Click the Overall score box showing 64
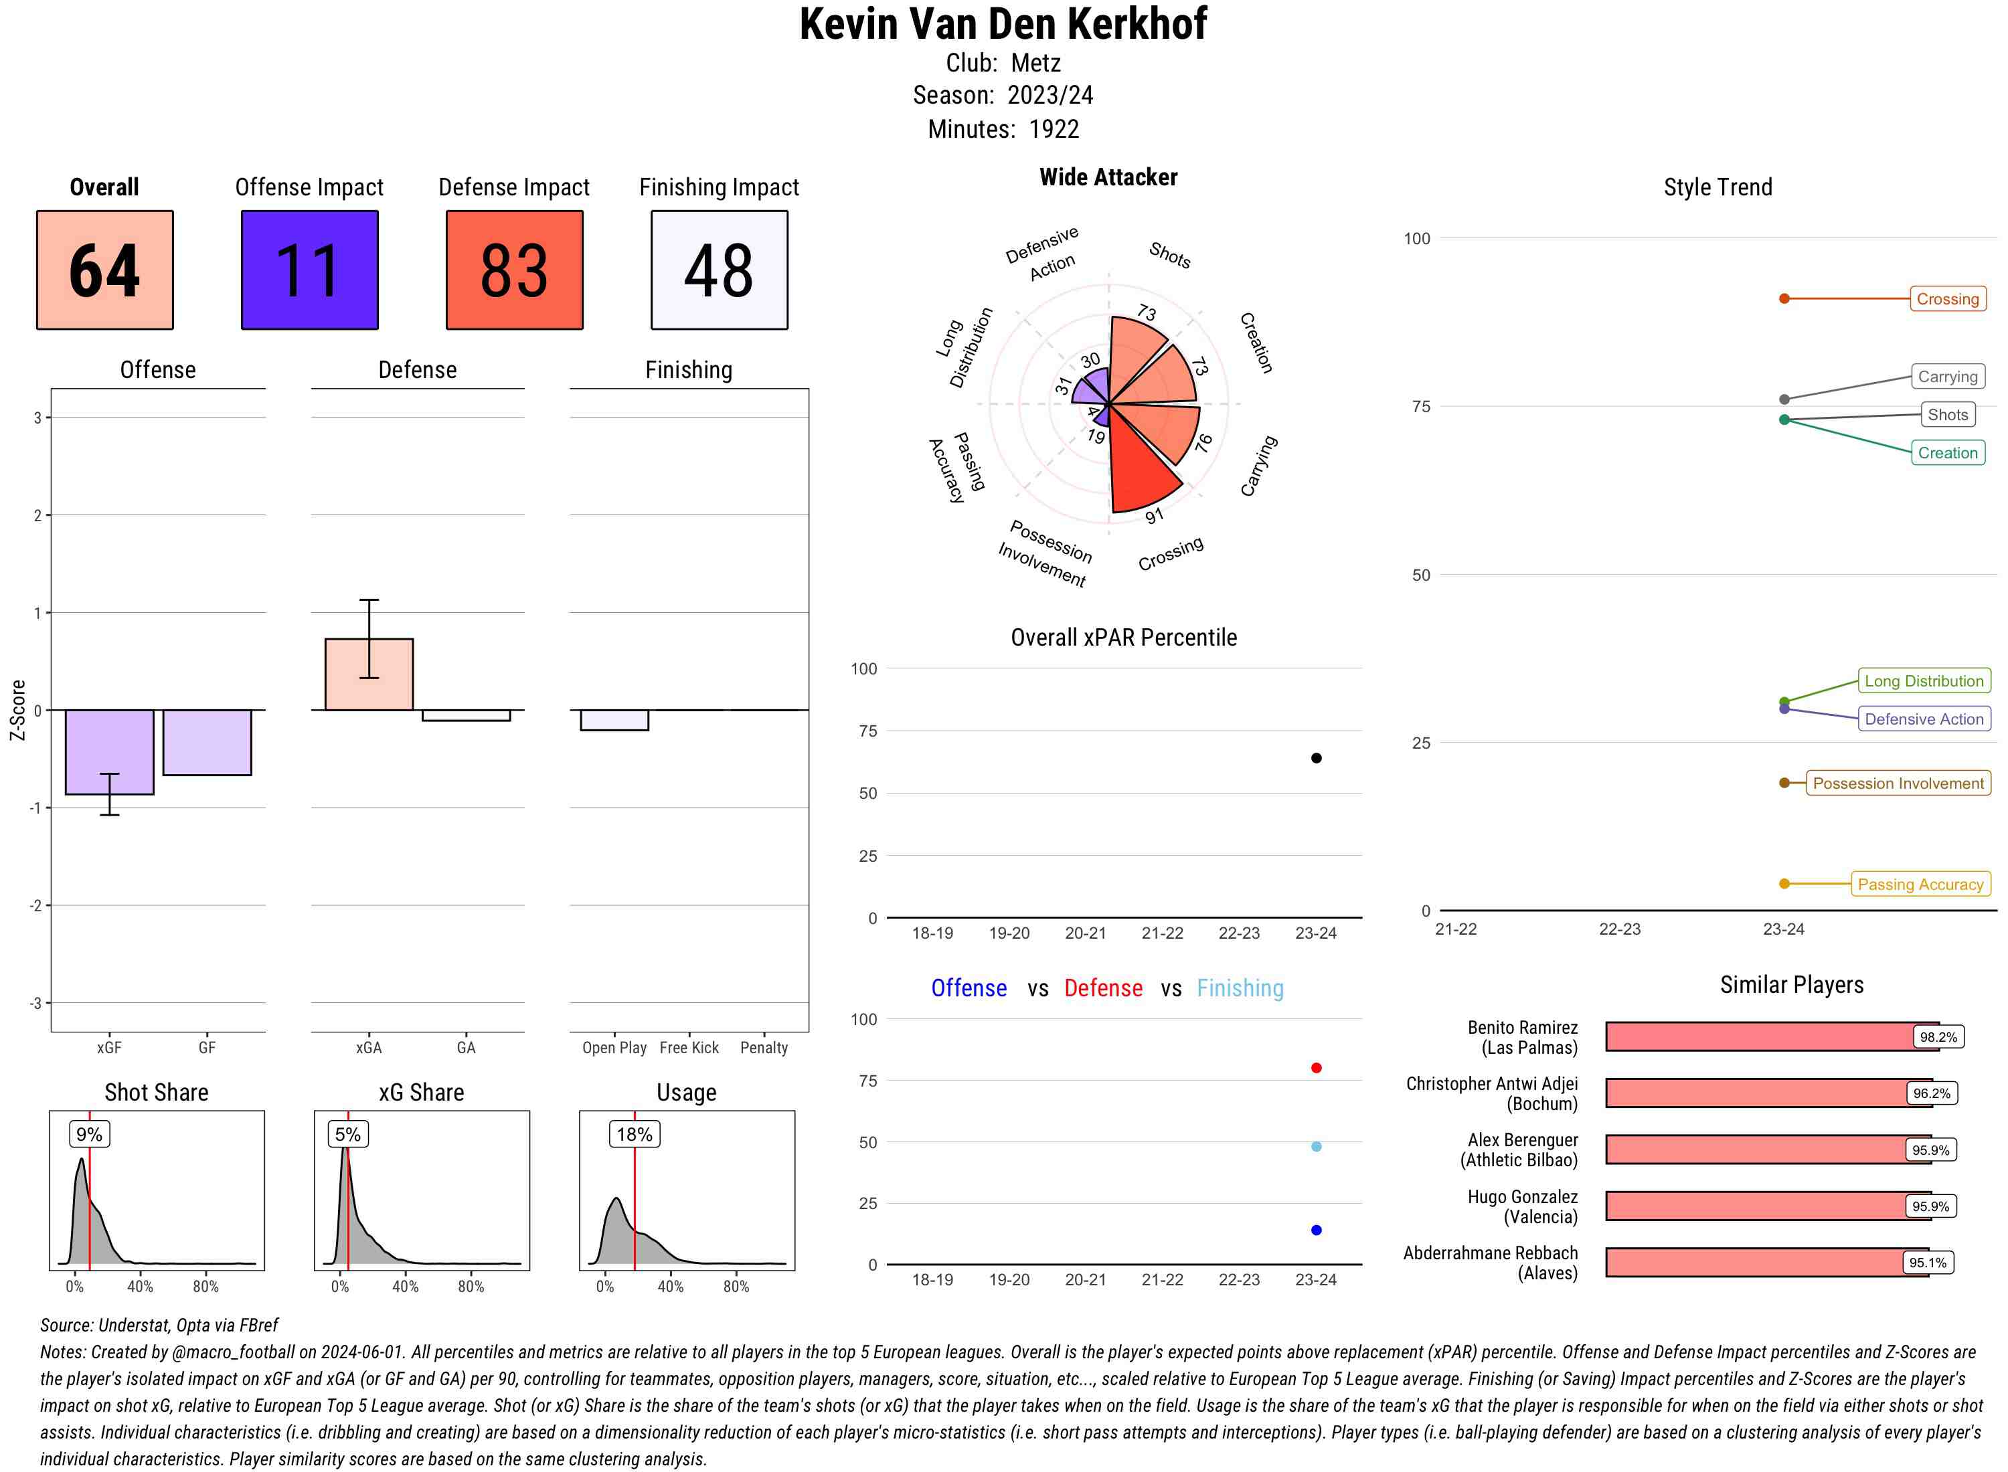[x=104, y=270]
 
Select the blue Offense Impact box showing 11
[x=309, y=270]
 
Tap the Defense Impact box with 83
[x=514, y=270]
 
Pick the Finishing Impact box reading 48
[x=720, y=270]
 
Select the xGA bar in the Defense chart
[x=369, y=674]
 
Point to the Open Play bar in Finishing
[x=614, y=720]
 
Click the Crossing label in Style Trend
[x=1947, y=298]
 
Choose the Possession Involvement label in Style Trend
[x=1898, y=784]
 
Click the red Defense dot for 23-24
[x=1317, y=1067]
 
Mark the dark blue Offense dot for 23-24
[x=1317, y=1230]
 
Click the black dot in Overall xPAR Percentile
[x=1317, y=758]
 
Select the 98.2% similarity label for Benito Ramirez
[x=1938, y=1037]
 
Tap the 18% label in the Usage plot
[x=635, y=1134]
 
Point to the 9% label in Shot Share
[x=89, y=1134]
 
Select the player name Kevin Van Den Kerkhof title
[x=1003, y=24]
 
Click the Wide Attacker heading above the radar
[x=1108, y=177]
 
